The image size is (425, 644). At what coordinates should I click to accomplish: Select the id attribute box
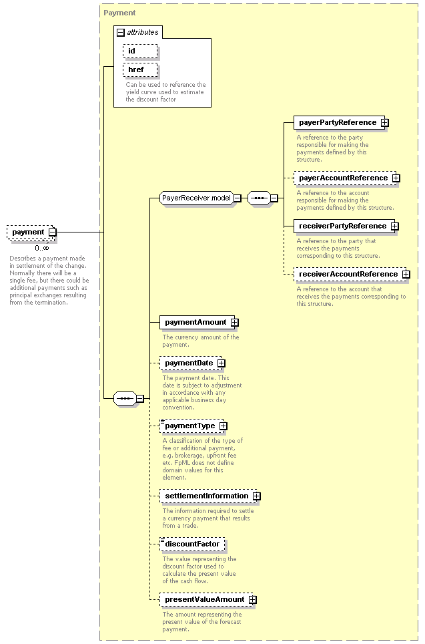(140, 51)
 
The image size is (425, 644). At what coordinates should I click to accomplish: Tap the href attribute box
(140, 70)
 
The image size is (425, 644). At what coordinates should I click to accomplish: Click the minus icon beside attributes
(121, 33)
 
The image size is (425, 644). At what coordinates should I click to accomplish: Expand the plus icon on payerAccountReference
(396, 178)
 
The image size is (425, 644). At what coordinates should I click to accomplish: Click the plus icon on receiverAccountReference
(406, 275)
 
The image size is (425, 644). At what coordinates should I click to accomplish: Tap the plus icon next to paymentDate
(221, 363)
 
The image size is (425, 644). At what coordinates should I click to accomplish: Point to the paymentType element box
(191, 426)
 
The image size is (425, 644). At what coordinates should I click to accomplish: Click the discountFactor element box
(192, 544)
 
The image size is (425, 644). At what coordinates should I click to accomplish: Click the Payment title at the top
(119, 13)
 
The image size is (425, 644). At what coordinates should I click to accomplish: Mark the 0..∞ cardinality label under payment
(42, 248)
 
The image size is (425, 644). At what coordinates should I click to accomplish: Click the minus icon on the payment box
(53, 232)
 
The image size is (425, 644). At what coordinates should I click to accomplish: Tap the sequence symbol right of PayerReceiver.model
(260, 198)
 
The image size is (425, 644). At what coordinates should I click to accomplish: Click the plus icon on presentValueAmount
(253, 600)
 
